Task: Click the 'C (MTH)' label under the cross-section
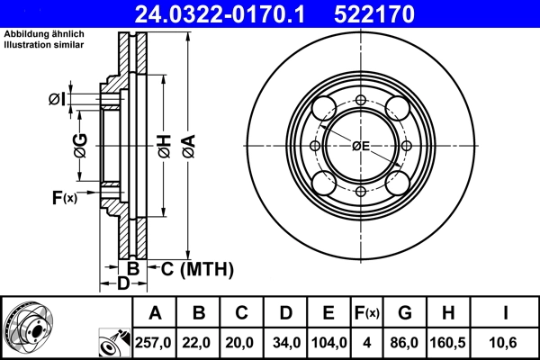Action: click(196, 268)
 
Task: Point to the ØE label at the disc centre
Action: click(361, 146)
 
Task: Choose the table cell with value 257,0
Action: click(155, 341)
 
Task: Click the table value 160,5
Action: click(449, 341)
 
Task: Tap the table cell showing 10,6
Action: click(507, 341)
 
